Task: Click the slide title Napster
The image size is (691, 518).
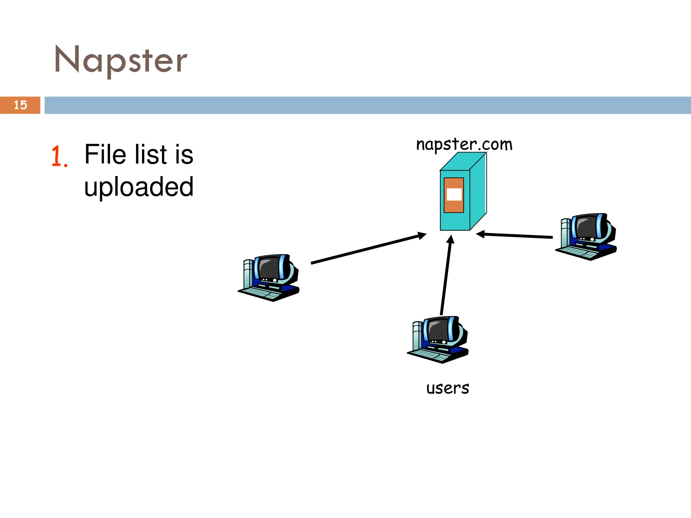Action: click(121, 60)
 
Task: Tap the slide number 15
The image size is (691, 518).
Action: click(20, 105)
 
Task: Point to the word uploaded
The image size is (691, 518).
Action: click(139, 187)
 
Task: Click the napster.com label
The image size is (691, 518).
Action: click(464, 144)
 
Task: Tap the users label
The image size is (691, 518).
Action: click(447, 388)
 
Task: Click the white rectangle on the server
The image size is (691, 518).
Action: click(454, 194)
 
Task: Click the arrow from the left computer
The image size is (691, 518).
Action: click(368, 248)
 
